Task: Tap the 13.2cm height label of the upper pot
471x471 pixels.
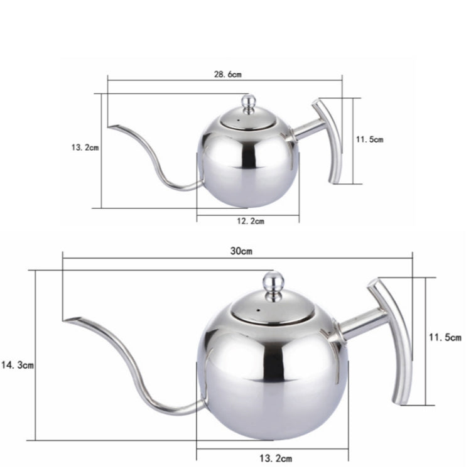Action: (x=85, y=148)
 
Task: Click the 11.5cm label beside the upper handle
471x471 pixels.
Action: (x=369, y=140)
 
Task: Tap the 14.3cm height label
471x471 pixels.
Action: (x=17, y=364)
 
